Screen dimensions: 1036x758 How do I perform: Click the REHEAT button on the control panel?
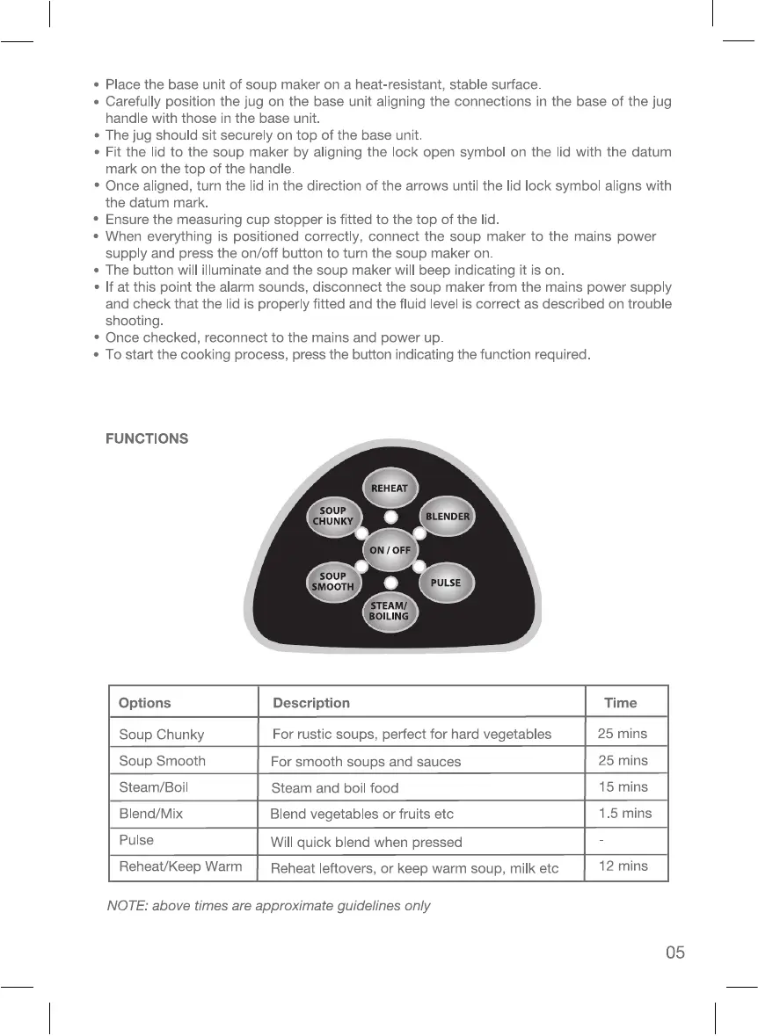(x=390, y=489)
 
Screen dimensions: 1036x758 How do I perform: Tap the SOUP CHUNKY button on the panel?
(x=332, y=516)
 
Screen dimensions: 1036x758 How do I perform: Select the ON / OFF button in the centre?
(x=390, y=549)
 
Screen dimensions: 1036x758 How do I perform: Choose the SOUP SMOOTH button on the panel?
(x=332, y=582)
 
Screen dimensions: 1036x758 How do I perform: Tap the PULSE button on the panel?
(x=446, y=583)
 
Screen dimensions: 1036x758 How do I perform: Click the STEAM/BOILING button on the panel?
(x=390, y=611)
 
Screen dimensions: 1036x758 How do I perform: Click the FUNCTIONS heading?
(x=147, y=438)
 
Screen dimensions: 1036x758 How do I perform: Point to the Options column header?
(x=145, y=703)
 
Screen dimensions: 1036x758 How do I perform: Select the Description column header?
(x=311, y=703)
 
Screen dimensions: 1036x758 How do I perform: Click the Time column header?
(x=621, y=703)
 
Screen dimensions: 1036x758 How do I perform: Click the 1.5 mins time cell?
(x=625, y=813)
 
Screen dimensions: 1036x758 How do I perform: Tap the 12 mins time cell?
(x=623, y=866)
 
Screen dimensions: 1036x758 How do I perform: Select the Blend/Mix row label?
(x=151, y=814)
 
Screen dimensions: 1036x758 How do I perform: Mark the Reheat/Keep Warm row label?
(x=180, y=866)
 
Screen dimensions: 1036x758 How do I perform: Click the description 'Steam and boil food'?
(x=335, y=788)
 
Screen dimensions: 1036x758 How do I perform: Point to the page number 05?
(x=674, y=953)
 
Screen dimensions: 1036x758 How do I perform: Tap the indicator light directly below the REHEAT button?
(x=390, y=517)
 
